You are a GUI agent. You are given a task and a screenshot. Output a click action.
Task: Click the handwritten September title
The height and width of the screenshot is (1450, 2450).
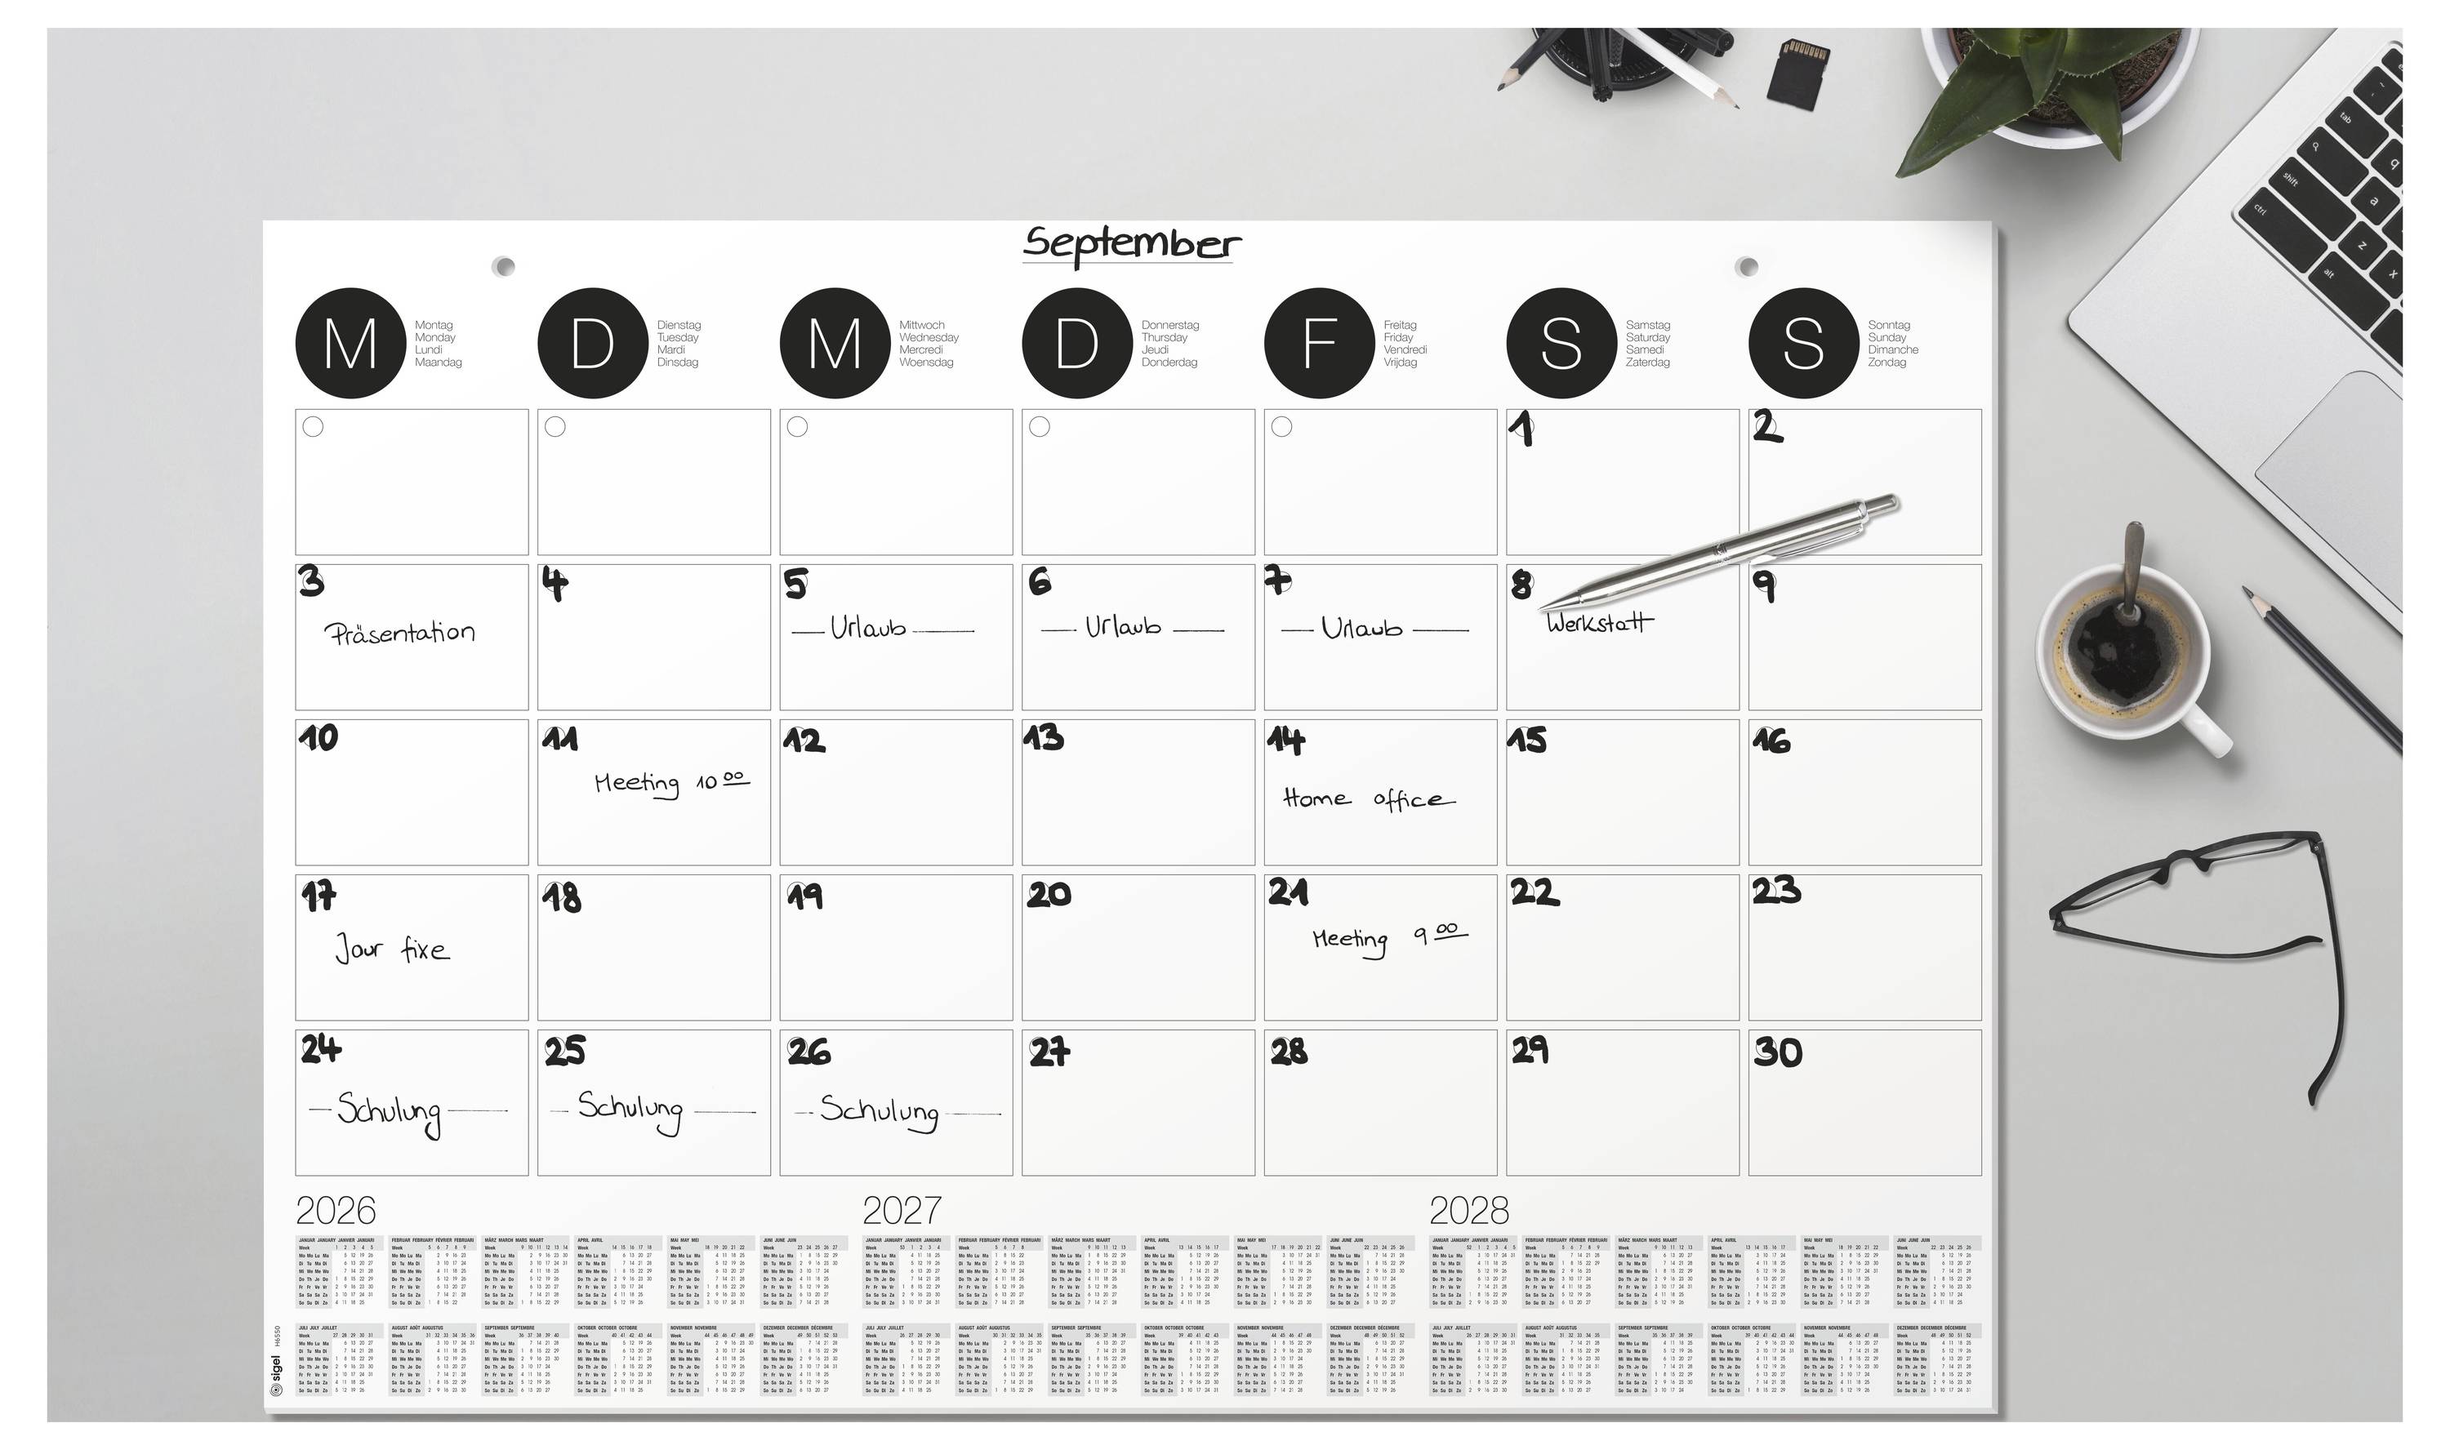(1131, 243)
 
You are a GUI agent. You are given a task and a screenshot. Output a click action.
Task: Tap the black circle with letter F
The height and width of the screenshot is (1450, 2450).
(1318, 343)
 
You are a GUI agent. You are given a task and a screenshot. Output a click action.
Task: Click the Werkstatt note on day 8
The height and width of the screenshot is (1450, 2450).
(1600, 622)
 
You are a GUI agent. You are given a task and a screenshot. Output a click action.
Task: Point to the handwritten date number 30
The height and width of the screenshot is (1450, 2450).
(1777, 1052)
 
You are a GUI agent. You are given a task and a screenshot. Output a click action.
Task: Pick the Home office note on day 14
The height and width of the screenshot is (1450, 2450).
(1367, 799)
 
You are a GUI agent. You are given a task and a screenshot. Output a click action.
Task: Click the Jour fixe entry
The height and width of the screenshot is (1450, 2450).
(392, 949)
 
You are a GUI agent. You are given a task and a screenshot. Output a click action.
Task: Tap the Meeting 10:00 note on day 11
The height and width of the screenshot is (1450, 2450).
(671, 783)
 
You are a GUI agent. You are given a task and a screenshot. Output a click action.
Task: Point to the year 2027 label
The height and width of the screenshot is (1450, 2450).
(901, 1211)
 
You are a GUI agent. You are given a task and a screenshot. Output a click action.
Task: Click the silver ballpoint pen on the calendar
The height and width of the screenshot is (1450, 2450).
(1720, 552)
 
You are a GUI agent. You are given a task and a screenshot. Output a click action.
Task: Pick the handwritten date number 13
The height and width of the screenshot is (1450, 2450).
(1043, 738)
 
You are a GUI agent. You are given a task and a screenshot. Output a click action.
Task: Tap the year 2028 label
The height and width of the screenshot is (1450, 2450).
(1469, 1211)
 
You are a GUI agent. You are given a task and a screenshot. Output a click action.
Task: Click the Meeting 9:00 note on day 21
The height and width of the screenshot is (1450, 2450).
(1388, 938)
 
